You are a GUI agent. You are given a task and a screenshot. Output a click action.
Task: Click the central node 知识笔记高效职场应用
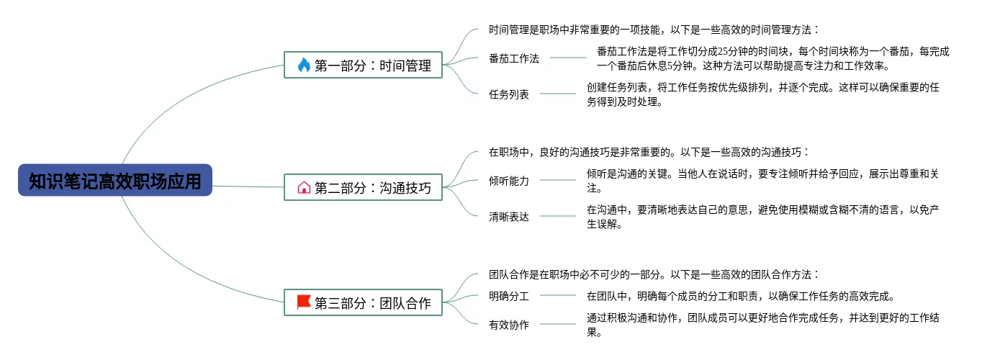pyautogui.click(x=115, y=180)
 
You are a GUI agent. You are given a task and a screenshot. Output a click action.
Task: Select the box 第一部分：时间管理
pyautogui.click(x=363, y=66)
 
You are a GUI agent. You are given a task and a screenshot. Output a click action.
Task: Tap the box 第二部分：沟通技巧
pyautogui.click(x=363, y=188)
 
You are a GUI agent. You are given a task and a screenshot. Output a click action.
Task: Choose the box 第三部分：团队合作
pyautogui.click(x=363, y=303)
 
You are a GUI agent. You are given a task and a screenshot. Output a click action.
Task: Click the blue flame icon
pyautogui.click(x=303, y=66)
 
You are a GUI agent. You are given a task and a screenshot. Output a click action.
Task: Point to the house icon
pyautogui.click(x=304, y=188)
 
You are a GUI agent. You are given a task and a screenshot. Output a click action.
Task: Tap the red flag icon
pyautogui.click(x=304, y=302)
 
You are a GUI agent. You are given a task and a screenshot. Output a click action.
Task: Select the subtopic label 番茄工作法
pyautogui.click(x=513, y=58)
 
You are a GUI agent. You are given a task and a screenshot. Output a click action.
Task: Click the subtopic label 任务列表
pyautogui.click(x=508, y=94)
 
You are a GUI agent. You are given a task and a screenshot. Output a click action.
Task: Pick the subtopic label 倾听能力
pyautogui.click(x=508, y=181)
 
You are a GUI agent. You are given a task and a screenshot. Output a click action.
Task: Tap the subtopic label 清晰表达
pyautogui.click(x=508, y=217)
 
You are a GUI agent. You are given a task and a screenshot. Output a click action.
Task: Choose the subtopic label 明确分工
pyautogui.click(x=508, y=296)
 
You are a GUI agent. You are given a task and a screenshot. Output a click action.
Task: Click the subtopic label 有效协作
pyautogui.click(x=508, y=325)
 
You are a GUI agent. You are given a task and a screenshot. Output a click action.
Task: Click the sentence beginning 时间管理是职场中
pyautogui.click(x=654, y=30)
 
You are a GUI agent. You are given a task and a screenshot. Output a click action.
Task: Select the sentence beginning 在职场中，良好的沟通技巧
pyautogui.click(x=649, y=153)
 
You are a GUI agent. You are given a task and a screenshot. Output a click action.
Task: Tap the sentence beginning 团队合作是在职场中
pyautogui.click(x=654, y=275)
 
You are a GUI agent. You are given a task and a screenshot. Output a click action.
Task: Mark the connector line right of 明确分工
pyautogui.click(x=558, y=295)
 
